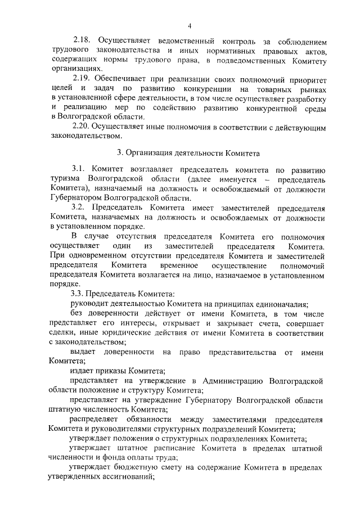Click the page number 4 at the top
[x=190, y=25]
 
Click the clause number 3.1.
[x=79, y=168]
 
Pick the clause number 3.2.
[x=80, y=208]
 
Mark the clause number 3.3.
[x=79, y=293]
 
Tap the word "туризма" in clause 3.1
[x=65, y=178]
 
